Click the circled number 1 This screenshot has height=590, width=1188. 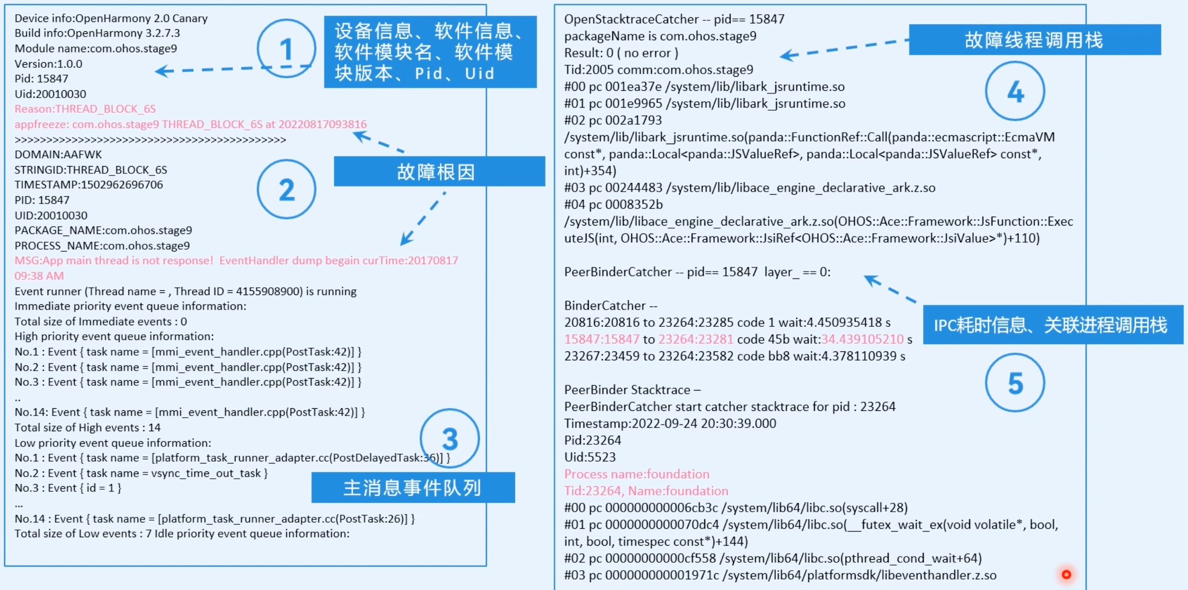tap(286, 49)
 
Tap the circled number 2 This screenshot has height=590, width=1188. tap(286, 189)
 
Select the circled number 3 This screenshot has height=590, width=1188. tap(449, 439)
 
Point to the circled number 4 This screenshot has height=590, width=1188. tap(1015, 91)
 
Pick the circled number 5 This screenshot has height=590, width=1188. tap(1015, 383)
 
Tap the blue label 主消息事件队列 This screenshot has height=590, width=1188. tap(413, 488)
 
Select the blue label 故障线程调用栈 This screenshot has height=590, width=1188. tap(1034, 40)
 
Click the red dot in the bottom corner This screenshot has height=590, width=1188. tap(1066, 574)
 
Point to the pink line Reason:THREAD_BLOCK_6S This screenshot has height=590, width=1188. tap(85, 109)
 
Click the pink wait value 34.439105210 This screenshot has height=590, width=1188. tap(863, 339)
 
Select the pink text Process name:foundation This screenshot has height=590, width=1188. tap(637, 474)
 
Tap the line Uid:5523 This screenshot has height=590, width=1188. tap(590, 457)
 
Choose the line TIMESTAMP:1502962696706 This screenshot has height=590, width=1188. tap(89, 185)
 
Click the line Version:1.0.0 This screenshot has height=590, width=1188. tap(49, 64)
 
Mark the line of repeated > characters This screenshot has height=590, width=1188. tap(150, 139)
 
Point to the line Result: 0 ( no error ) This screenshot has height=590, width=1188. tap(621, 53)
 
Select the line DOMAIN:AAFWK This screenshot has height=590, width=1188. tap(59, 155)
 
